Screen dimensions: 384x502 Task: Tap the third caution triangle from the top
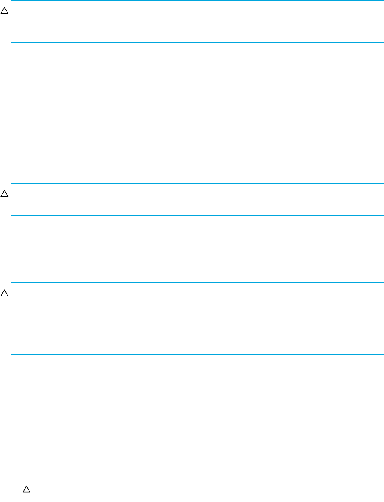[4, 293]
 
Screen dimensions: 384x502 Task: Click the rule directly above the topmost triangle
[197, 1]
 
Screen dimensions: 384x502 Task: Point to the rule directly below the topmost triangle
[197, 42]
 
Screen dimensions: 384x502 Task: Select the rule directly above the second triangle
[197, 183]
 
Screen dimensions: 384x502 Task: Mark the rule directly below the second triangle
[197, 216]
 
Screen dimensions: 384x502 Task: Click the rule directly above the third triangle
[197, 282]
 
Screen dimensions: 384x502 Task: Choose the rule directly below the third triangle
[197, 354]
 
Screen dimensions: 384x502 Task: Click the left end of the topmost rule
[11, 1]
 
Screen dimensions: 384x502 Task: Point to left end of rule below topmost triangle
[11, 42]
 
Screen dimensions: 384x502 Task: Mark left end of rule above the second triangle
[11, 183]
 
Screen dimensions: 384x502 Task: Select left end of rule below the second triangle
[11, 216]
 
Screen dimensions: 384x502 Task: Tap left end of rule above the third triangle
[11, 282]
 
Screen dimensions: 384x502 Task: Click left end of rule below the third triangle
[11, 354]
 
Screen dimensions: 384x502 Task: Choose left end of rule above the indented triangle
[37, 479]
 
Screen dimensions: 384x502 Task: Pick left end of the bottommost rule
[37, 501]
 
